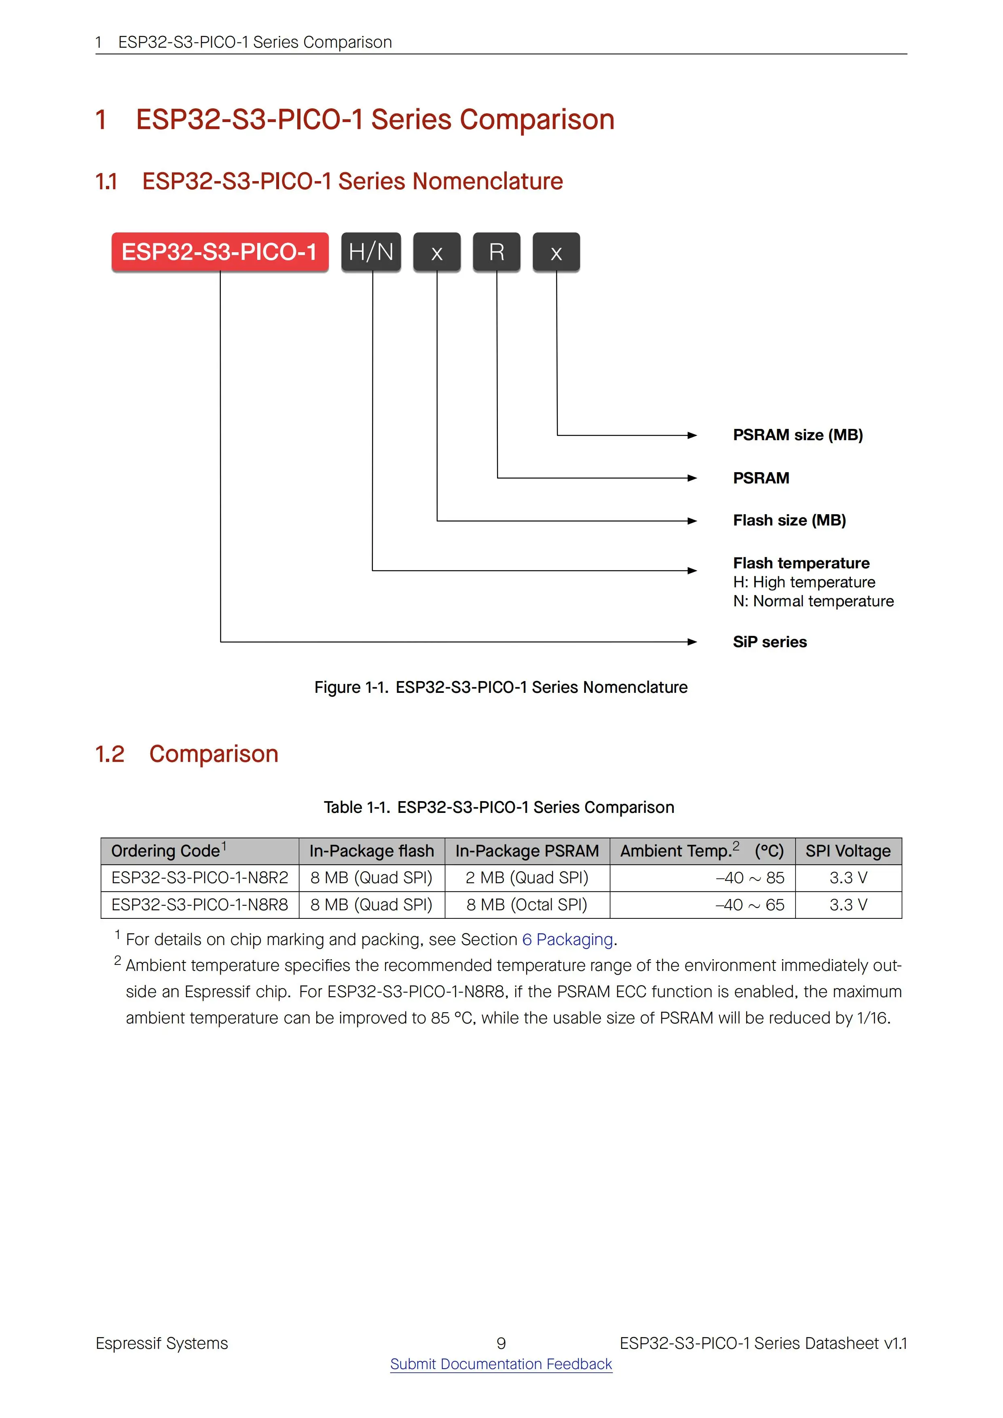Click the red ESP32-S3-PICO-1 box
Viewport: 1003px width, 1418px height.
tap(219, 252)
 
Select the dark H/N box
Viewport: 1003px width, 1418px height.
tap(371, 252)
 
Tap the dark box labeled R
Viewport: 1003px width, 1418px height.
tap(496, 252)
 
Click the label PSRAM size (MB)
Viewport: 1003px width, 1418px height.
tap(797, 435)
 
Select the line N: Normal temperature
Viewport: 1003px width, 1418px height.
tap(813, 601)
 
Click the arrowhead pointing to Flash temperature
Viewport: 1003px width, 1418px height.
tap(692, 571)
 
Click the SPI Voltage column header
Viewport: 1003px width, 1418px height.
tap(848, 851)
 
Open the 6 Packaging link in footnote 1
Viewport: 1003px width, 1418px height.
tap(567, 939)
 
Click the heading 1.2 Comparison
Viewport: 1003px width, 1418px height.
tap(186, 754)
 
